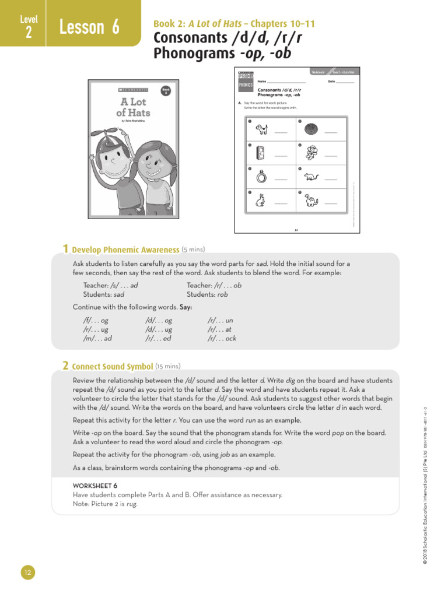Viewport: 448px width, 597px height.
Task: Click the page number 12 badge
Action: coord(28,574)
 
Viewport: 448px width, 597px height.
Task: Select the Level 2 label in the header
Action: coord(29,27)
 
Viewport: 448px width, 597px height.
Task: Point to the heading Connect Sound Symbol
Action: coord(112,367)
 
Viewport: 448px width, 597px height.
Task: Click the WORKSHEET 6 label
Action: coord(95,485)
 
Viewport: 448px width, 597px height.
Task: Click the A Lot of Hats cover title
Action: coord(133,107)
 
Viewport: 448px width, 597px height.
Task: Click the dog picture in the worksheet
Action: coord(261,129)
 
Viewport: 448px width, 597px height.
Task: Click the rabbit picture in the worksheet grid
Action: coord(261,200)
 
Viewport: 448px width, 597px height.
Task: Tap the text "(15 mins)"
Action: coord(168,366)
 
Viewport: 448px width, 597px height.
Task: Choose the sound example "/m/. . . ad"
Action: coord(97,338)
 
